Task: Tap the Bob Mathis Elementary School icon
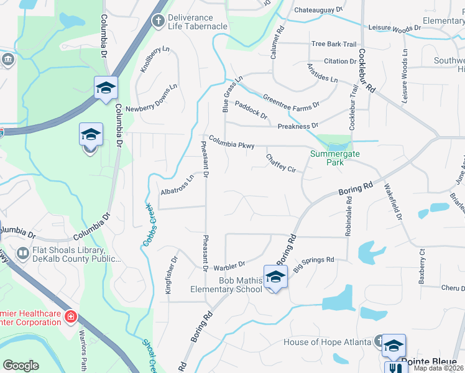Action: (275, 277)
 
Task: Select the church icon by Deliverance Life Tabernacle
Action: (159, 22)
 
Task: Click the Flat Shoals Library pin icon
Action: (22, 254)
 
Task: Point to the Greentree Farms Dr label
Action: (291, 101)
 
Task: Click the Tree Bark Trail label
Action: (334, 44)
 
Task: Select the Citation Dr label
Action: (339, 62)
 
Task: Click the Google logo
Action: (21, 366)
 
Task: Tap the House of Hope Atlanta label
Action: (327, 342)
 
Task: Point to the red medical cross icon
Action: (71, 317)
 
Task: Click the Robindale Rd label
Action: (349, 216)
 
